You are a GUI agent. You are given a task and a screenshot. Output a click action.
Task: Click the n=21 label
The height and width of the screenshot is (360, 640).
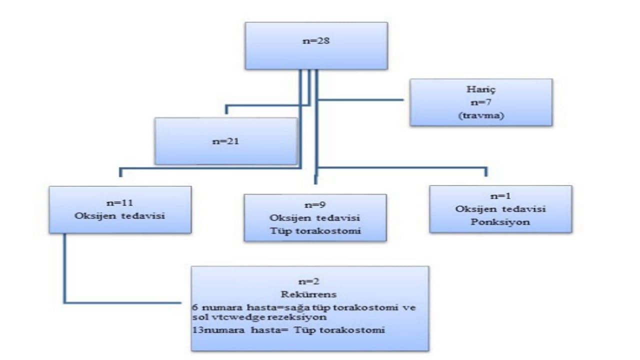(226, 141)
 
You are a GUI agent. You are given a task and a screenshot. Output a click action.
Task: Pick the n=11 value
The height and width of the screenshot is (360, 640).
(120, 204)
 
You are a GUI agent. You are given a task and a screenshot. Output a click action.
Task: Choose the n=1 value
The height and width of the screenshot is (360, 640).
(500, 196)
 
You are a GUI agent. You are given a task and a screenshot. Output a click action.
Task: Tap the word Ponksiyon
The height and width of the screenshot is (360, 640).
(500, 221)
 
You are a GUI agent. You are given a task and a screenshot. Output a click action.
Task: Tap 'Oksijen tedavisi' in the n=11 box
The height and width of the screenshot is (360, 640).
(120, 216)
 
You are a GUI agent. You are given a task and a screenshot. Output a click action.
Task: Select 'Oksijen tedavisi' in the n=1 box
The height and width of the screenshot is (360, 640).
(500, 209)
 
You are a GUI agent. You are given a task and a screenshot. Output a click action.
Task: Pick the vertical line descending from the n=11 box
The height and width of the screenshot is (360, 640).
(64, 267)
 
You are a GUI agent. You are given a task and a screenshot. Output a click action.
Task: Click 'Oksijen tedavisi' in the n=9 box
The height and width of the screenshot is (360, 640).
(315, 218)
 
